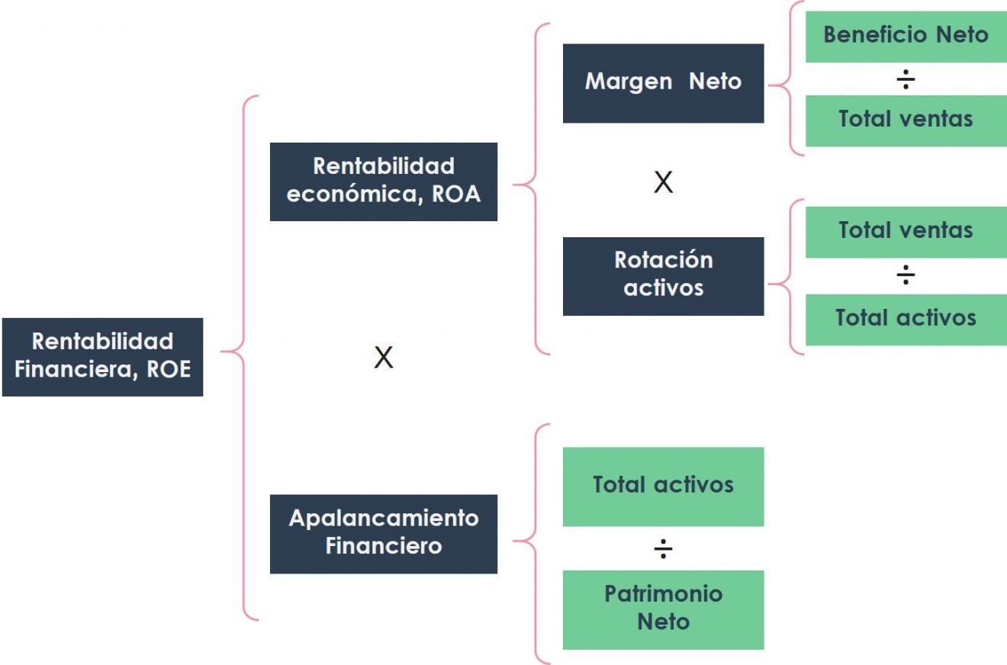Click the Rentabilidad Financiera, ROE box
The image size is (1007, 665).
tap(102, 356)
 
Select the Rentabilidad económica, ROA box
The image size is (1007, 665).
tap(383, 181)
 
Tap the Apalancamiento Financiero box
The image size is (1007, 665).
tap(383, 533)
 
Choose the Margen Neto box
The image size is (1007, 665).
tap(663, 82)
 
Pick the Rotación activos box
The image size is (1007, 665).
tap(663, 275)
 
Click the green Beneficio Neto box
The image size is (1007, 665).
tap(906, 35)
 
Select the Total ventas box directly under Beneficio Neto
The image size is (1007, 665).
tap(906, 120)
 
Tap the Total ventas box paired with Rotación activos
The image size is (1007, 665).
tap(906, 231)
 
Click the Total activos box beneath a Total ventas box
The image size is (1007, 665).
tap(906, 318)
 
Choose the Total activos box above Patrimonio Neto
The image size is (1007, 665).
tap(663, 486)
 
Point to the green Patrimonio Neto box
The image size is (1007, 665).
tap(663, 609)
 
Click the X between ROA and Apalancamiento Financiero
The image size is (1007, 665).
tap(383, 357)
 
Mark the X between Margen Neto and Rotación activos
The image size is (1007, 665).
tap(663, 182)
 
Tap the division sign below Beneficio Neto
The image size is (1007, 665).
tap(906, 79)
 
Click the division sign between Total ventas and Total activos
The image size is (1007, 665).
tap(906, 275)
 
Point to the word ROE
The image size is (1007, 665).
tap(169, 370)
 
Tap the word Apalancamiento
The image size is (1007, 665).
tap(383, 519)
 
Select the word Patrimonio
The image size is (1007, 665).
tap(663, 594)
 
